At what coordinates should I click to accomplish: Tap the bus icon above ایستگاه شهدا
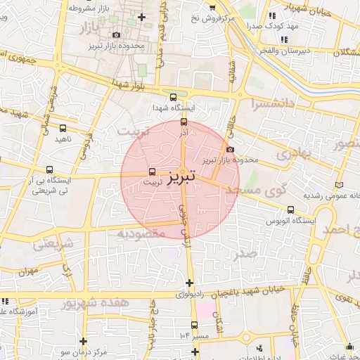pos(174,97)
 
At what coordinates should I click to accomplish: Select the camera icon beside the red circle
pos(231,148)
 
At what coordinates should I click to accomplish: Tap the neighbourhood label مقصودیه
pos(143,233)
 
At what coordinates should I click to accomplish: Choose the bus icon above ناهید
pos(63,128)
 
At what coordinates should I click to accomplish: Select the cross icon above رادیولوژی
pos(188,283)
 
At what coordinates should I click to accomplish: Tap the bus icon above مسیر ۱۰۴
pos(194,325)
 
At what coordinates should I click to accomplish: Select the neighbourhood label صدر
pos(247,253)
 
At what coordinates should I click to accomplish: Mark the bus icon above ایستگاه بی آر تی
pos(49,169)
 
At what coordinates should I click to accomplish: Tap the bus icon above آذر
pos(184,122)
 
